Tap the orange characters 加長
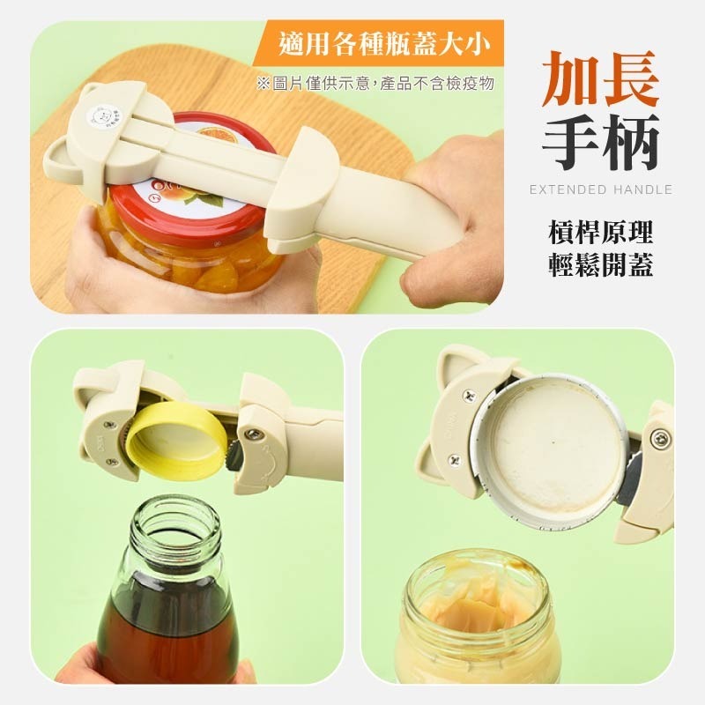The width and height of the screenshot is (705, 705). [600, 79]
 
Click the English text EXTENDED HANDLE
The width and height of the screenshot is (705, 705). [600, 189]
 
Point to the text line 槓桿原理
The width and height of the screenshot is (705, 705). [600, 234]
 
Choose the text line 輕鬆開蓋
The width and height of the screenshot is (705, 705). [600, 266]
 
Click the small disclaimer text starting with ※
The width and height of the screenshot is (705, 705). [375, 84]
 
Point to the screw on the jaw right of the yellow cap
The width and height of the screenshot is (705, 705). [253, 433]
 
